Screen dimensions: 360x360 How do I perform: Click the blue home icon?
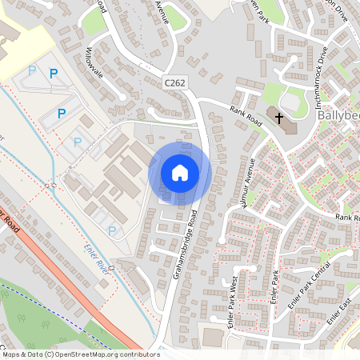(x=180, y=173)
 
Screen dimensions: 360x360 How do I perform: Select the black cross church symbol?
(x=279, y=118)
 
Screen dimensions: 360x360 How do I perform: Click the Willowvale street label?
(x=95, y=68)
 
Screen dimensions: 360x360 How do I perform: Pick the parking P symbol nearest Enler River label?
(x=112, y=230)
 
